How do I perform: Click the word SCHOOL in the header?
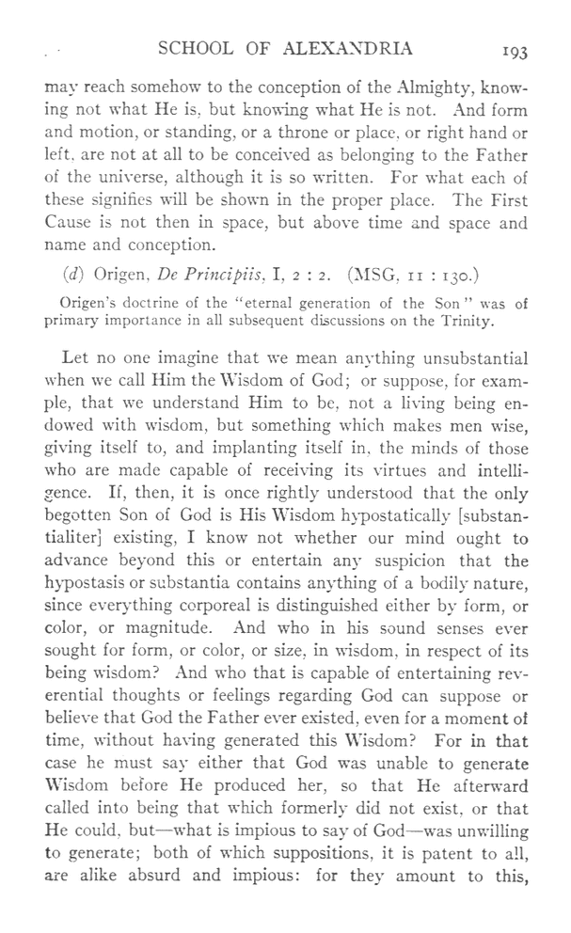coord(201,50)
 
